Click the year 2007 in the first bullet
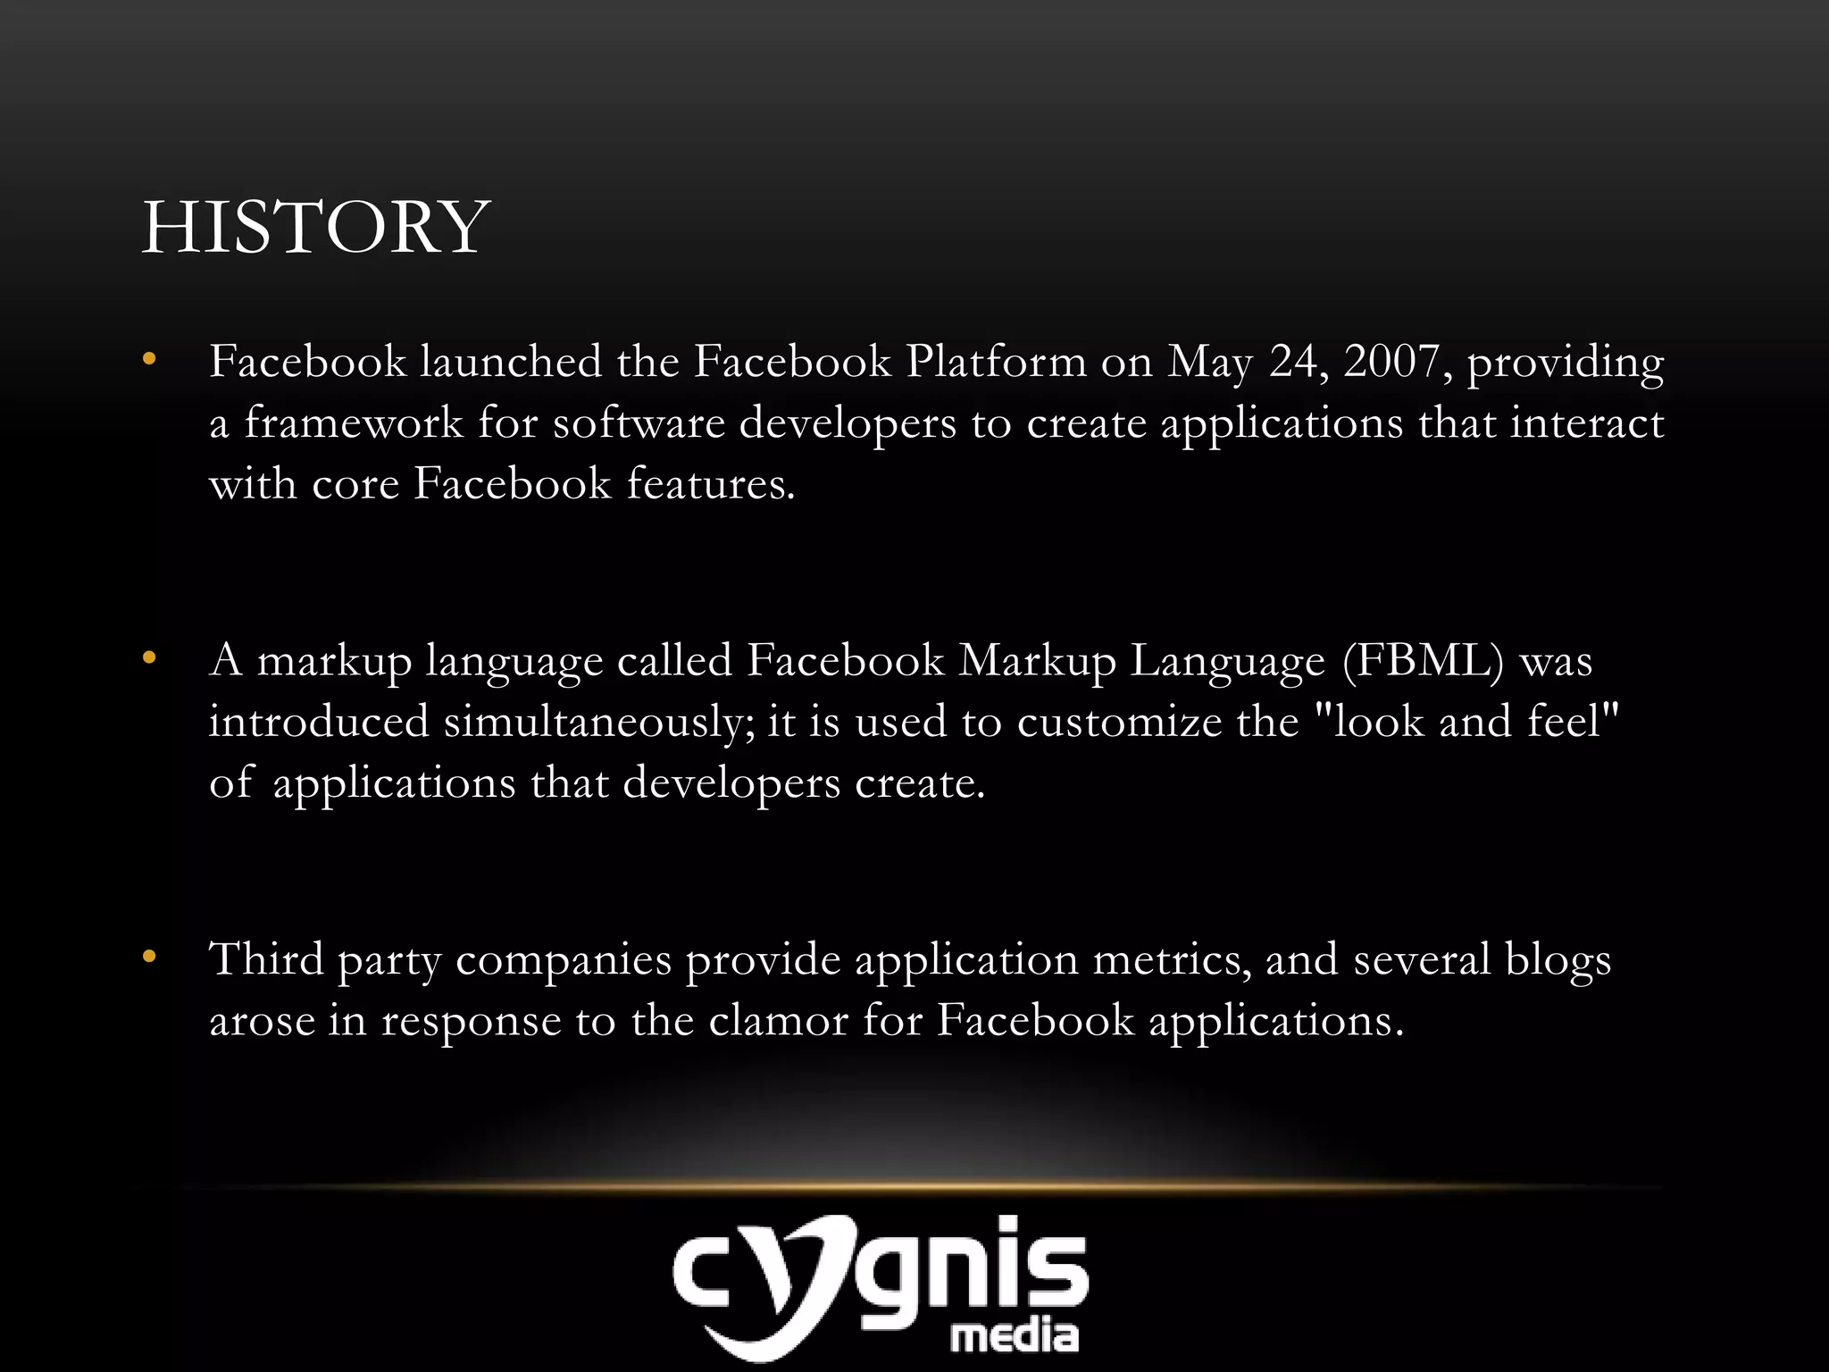pos(1391,361)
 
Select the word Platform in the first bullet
pos(996,361)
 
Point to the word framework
pos(354,422)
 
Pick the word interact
pos(1586,422)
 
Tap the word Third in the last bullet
pos(266,959)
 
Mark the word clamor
pos(778,1020)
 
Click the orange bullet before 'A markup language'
pos(149,659)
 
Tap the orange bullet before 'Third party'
pos(149,958)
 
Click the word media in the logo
pos(1014,1336)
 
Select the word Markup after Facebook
pos(1037,662)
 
